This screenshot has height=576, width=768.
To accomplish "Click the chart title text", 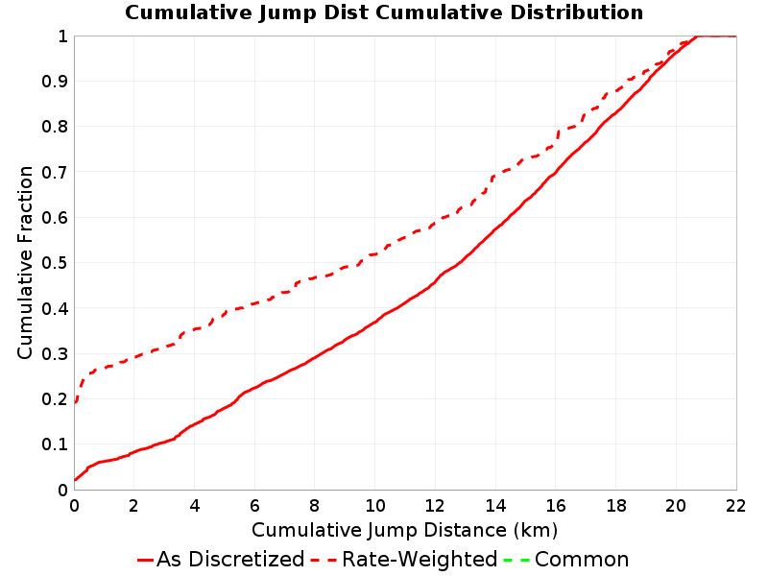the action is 384,12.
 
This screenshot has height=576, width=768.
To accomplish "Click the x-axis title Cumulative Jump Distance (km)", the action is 404,530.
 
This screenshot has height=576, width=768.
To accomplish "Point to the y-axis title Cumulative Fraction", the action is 25,262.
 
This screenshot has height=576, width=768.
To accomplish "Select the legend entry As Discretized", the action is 230,559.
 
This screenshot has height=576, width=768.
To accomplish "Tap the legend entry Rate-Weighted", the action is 420,559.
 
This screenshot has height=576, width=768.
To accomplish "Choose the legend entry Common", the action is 582,559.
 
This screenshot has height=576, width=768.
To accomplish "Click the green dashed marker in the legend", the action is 516,560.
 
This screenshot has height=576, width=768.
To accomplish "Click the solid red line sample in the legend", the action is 146,560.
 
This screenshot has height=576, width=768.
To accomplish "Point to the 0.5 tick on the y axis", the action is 55,263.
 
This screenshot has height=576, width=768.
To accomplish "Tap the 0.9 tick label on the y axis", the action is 55,82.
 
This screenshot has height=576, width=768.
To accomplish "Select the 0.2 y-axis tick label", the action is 55,399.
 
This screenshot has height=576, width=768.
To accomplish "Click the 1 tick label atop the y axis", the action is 62,36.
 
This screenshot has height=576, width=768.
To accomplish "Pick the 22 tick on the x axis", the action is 735,506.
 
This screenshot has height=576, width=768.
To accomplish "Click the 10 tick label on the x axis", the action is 374,506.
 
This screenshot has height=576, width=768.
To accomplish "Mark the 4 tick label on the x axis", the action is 195,506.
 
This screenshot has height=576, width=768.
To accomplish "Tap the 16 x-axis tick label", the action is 556,506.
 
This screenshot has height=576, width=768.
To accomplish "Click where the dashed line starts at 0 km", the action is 75,402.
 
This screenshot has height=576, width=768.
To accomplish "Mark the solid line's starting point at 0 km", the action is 75,479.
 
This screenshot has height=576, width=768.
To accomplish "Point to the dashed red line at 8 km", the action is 315,278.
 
